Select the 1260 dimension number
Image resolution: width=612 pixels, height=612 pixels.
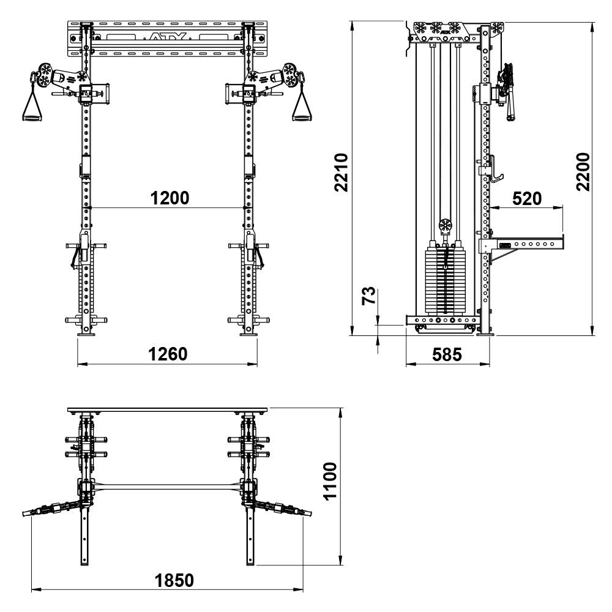(x=167, y=354)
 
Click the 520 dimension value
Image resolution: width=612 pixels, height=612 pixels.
(x=527, y=198)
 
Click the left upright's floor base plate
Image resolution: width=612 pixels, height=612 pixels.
(x=85, y=334)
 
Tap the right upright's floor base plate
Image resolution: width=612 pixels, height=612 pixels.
(x=249, y=334)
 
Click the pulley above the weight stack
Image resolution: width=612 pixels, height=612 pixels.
(x=445, y=226)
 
